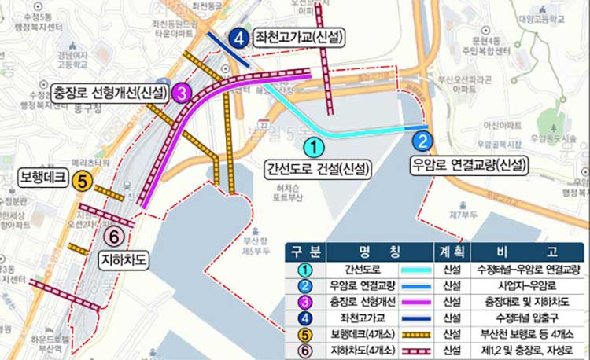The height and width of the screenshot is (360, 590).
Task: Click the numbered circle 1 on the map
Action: [313, 146]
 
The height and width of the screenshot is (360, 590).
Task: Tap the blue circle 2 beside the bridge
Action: [423, 141]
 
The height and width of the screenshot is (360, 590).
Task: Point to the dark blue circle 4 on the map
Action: [241, 37]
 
